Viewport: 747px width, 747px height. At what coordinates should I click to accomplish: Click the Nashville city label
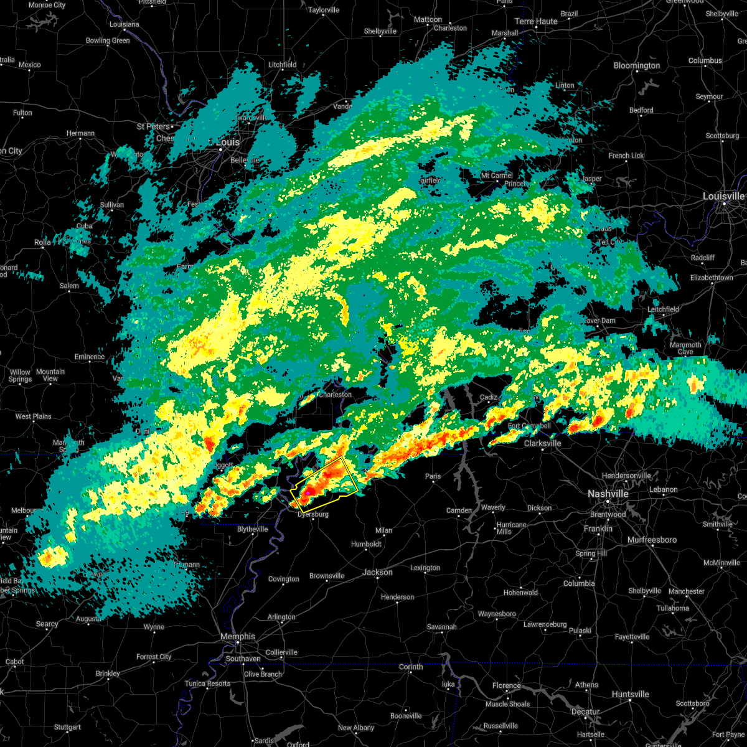point(608,494)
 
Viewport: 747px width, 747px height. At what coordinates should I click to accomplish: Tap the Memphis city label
point(238,636)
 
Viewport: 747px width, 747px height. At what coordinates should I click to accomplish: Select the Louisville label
point(723,196)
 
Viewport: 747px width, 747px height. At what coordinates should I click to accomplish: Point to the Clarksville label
point(542,443)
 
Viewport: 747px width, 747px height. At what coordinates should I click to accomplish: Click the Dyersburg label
point(313,514)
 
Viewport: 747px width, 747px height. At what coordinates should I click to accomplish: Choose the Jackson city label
point(377,572)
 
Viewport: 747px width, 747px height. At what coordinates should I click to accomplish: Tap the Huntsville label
point(631,694)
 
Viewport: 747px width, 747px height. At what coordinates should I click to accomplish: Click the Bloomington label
point(637,65)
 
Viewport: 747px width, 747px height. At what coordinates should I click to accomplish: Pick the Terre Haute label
point(536,21)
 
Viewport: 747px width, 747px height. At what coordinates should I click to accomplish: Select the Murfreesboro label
point(652,540)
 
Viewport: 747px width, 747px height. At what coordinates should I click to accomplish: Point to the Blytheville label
point(252,529)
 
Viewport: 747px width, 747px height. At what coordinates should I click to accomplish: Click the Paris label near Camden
point(433,476)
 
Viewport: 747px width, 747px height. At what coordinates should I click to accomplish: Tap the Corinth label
point(411,667)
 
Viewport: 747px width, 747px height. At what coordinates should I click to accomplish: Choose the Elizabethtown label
point(712,278)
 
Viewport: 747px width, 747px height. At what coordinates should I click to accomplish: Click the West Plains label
point(34,416)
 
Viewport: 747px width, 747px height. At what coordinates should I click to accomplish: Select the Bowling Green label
point(108,40)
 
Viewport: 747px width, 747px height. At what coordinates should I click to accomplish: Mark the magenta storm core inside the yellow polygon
point(308,492)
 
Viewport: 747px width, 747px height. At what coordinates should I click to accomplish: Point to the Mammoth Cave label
point(685,348)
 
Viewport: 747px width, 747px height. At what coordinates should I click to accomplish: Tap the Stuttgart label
point(67,727)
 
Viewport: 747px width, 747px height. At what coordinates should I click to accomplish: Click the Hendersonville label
point(626,476)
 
